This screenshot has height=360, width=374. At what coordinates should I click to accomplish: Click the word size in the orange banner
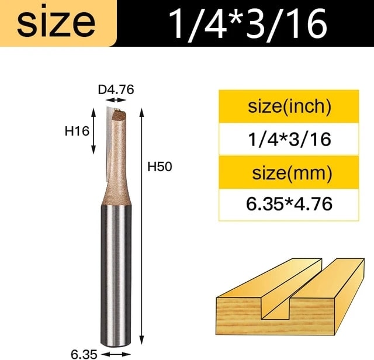point(56,23)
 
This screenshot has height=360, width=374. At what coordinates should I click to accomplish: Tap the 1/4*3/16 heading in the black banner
point(248,23)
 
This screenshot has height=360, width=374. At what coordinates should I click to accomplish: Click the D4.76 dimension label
point(116,89)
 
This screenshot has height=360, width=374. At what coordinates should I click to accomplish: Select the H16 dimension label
point(77,131)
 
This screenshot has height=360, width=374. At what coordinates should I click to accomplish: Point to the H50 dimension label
point(160,167)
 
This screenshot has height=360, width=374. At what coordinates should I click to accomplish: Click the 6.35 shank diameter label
point(84,354)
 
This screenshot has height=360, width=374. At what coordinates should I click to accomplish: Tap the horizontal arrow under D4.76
point(116,100)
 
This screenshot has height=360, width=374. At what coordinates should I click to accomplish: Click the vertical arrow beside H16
point(93,131)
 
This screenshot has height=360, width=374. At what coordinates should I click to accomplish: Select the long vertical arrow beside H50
point(142,226)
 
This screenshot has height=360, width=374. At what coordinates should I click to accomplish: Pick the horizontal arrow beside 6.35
point(117,354)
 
